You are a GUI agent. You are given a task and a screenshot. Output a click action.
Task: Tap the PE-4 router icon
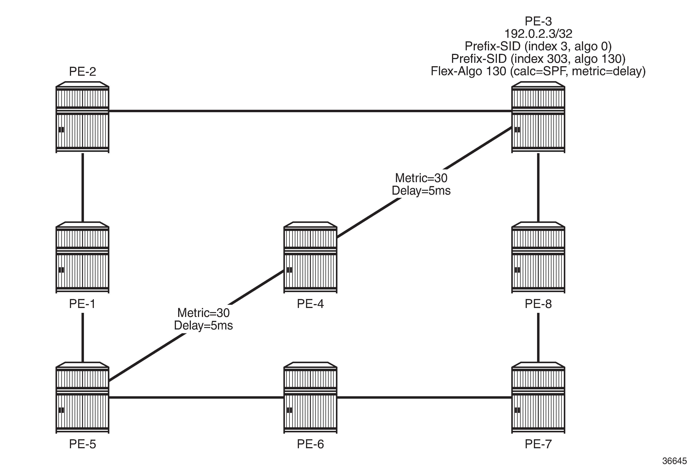coord(310,257)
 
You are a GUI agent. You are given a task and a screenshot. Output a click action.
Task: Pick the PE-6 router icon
coord(310,398)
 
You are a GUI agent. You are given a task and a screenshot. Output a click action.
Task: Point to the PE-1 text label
coord(82,304)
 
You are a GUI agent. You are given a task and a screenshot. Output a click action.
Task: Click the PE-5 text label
coord(82,444)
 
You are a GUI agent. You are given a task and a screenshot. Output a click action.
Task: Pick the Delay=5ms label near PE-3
coord(421,191)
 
